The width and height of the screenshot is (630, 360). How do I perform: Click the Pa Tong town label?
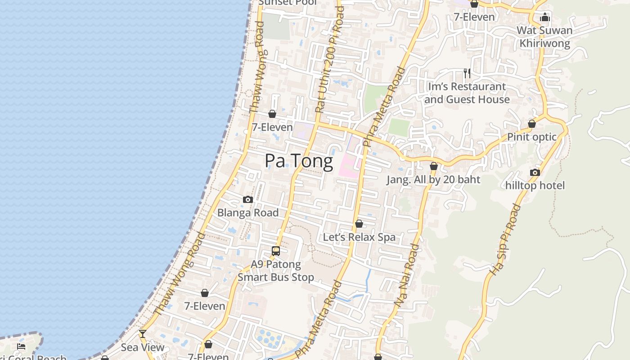coord(299,161)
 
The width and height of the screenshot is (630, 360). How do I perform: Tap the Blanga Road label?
coord(248,212)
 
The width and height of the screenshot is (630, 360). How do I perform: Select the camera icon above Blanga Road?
coord(248,199)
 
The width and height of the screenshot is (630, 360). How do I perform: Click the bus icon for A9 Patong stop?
coord(276,251)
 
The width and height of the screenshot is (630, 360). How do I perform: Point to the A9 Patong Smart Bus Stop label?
coord(276,270)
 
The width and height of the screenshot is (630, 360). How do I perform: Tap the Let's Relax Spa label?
coord(359,237)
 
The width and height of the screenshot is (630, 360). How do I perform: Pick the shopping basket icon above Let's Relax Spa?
coord(359,224)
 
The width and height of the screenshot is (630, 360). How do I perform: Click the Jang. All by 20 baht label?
coord(433,180)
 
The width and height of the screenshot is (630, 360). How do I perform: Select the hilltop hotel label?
coord(535,185)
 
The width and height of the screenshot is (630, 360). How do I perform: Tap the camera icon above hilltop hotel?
coord(535,172)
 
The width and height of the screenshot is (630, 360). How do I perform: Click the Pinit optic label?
coord(532,137)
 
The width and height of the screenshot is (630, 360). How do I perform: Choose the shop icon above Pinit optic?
coord(532,124)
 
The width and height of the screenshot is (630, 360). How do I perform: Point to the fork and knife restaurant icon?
coord(467,73)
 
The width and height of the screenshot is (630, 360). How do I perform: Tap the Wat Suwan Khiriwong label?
coord(544,37)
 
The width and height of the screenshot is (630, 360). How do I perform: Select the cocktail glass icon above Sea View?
coord(143,334)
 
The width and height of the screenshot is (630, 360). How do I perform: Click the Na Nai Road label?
coord(407,275)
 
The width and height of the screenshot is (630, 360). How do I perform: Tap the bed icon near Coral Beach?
coord(21,346)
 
